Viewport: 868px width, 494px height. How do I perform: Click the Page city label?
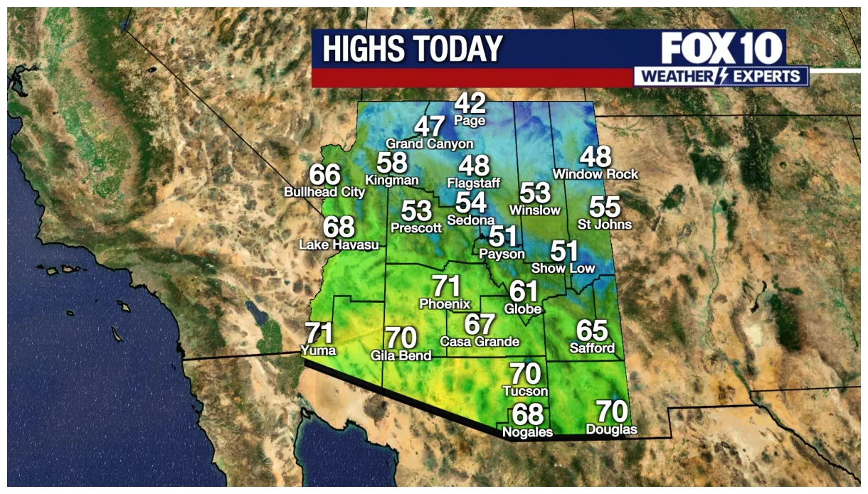pyautogui.click(x=470, y=121)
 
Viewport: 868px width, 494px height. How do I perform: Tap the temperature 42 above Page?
pyautogui.click(x=470, y=104)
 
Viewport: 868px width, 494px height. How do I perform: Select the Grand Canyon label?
pyautogui.click(x=429, y=144)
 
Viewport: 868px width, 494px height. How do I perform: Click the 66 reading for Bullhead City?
pyautogui.click(x=324, y=175)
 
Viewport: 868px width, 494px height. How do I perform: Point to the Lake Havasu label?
pyautogui.click(x=339, y=245)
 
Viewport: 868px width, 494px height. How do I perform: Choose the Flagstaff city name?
pyautogui.click(x=473, y=183)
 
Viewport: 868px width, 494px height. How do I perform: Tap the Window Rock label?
pyautogui.click(x=596, y=174)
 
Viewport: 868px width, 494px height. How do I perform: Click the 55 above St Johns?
pyautogui.click(x=605, y=208)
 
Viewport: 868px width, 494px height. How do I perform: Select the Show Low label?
pyautogui.click(x=563, y=268)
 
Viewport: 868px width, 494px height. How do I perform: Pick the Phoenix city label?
pyautogui.click(x=445, y=304)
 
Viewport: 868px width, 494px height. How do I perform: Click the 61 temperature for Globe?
pyautogui.click(x=523, y=291)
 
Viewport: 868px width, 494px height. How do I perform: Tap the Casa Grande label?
pyautogui.click(x=480, y=342)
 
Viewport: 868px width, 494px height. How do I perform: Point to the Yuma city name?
pyautogui.click(x=318, y=350)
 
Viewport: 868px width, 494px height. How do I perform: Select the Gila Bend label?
pyautogui.click(x=401, y=355)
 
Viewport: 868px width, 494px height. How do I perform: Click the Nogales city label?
pyautogui.click(x=527, y=432)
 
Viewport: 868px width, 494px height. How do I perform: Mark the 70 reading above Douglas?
pyautogui.click(x=612, y=412)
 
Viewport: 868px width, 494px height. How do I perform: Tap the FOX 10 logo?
pyautogui.click(x=722, y=49)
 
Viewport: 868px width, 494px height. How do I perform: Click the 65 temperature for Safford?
pyautogui.click(x=592, y=331)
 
